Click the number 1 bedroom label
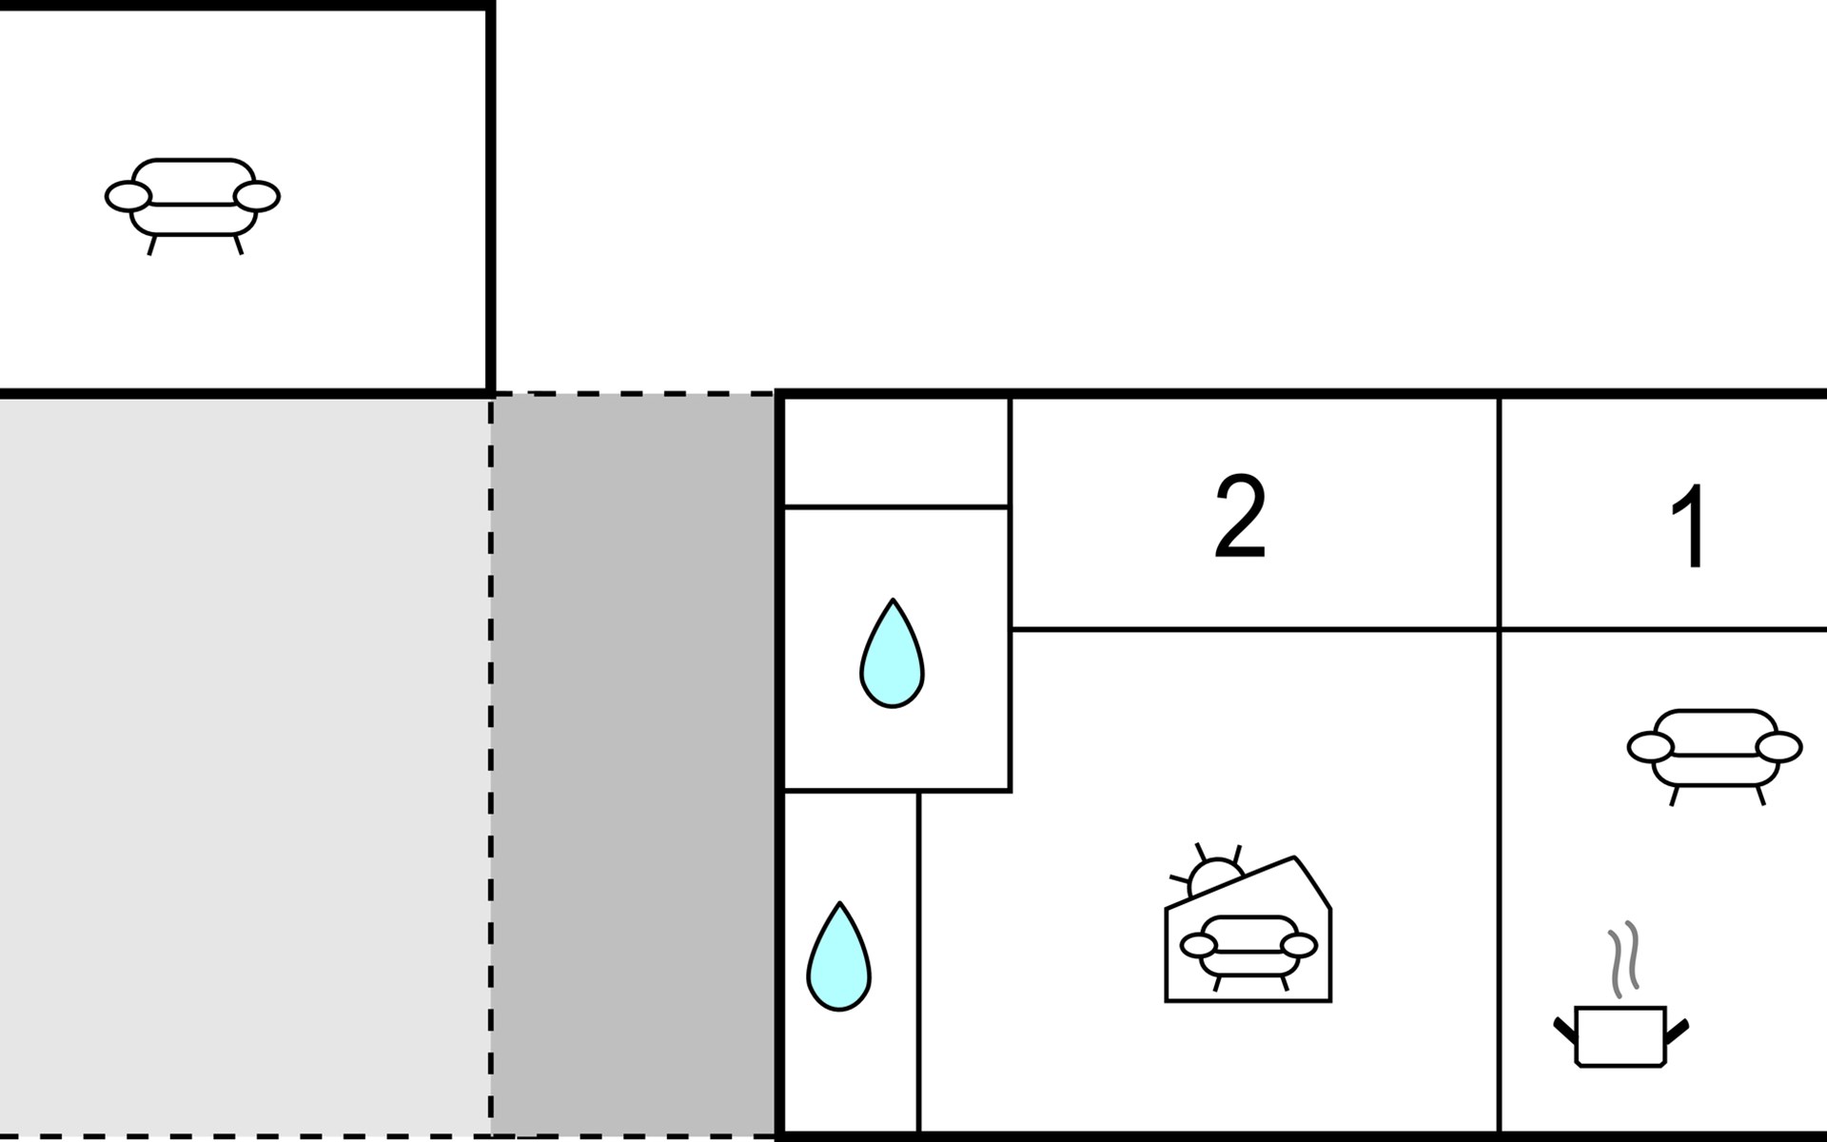pos(1691,526)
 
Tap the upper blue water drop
pos(892,655)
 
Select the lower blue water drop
pos(838,957)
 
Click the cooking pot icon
pos(1620,1035)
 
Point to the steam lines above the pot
pos(1623,958)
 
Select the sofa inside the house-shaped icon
pos(1247,948)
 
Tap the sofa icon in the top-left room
pos(192,200)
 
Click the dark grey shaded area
pos(634,761)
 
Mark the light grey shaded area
pos(243,761)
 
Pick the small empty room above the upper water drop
pos(894,451)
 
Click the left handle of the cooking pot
pos(1564,1030)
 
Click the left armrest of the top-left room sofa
pos(128,197)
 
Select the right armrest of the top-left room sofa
pos(257,197)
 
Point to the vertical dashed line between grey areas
pos(491,761)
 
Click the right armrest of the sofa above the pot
pos(1778,748)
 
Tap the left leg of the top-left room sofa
pos(151,245)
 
